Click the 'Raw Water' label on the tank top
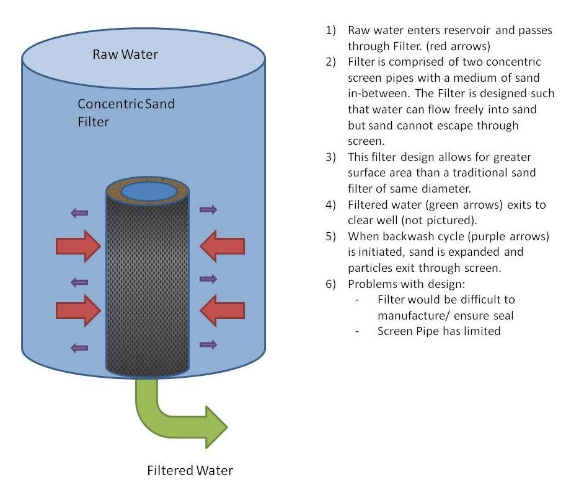[125, 54]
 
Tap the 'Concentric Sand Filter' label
[126, 113]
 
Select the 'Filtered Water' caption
[190, 470]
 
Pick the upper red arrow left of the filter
[78, 246]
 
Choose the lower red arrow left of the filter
[78, 310]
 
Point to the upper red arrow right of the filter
[222, 246]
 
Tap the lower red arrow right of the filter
[222, 310]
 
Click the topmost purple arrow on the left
[79, 213]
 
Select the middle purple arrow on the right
[208, 279]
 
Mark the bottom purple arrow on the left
[79, 348]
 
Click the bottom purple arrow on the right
[208, 344]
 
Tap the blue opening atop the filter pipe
[148, 191]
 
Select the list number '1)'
[330, 30]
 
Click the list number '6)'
[330, 284]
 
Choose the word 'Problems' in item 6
[373, 284]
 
